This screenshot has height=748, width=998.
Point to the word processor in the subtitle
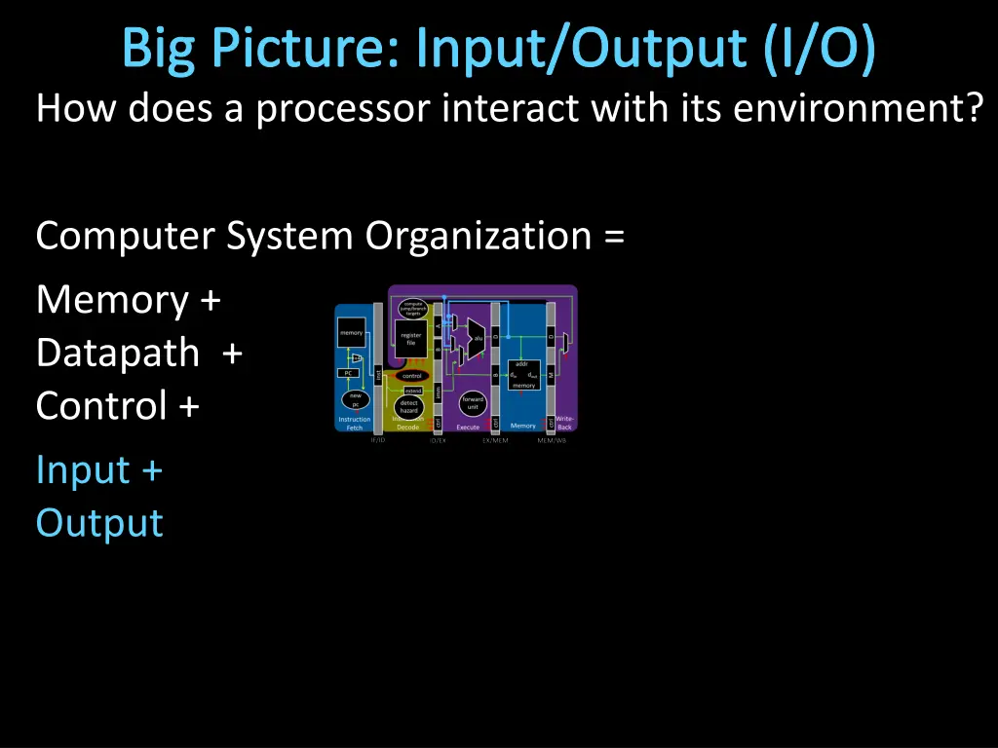342,108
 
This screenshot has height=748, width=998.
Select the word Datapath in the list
117,353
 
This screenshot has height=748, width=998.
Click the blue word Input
83,470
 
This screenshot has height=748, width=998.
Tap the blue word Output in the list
99,523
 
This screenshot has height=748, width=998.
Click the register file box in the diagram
411,339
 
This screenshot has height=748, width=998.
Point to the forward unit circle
472,402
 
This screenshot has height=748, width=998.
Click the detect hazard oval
409,406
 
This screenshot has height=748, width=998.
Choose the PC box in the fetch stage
349,373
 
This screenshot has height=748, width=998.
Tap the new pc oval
355,399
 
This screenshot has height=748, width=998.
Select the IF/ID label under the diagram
378,440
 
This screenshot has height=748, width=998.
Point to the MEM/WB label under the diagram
551,440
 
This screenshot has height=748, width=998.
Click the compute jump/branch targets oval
413,308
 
